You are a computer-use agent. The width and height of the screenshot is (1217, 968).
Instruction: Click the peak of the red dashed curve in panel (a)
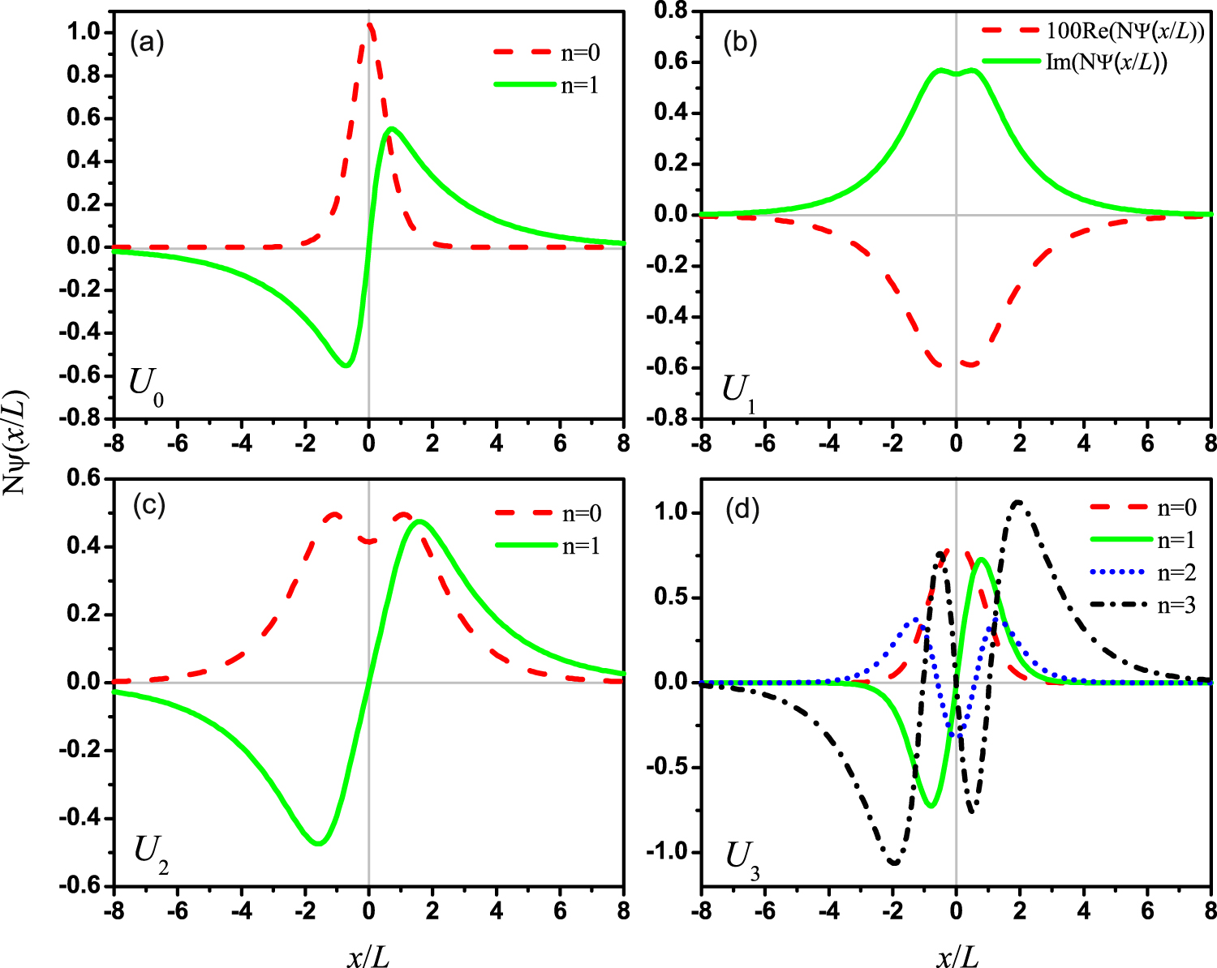pyautogui.click(x=369, y=25)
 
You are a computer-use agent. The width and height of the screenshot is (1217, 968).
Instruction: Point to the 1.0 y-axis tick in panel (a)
pyautogui.click(x=84, y=32)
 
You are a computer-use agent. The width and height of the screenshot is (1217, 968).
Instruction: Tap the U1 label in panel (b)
pyautogui.click(x=739, y=392)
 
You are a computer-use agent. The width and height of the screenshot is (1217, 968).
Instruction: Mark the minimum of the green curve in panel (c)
pyautogui.click(x=318, y=844)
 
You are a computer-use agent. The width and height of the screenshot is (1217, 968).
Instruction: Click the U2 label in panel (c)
pyautogui.click(x=151, y=852)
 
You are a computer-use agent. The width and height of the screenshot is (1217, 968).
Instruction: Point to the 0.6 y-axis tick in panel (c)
pyautogui.click(x=84, y=479)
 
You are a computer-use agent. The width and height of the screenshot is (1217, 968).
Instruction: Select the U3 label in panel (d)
pyautogui.click(x=742, y=859)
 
